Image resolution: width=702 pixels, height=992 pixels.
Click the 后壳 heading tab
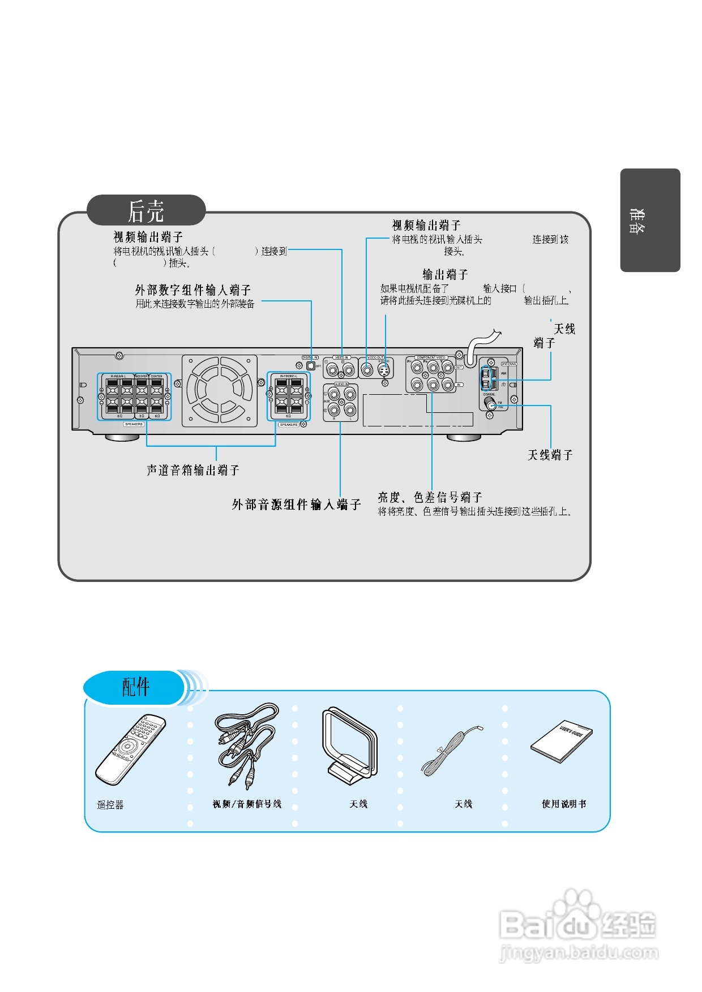145,211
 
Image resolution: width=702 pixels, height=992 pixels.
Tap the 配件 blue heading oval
135,687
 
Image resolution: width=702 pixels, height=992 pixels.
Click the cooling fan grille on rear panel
220,391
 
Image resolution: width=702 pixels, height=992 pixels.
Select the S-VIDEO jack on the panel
384,370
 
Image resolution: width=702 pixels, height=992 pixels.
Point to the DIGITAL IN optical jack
310,365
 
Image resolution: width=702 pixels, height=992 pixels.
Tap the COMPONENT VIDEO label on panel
431,357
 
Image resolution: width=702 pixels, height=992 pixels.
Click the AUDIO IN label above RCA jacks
341,385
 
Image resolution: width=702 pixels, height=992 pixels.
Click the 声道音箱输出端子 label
193,470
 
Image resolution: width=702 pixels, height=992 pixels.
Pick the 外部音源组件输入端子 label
296,504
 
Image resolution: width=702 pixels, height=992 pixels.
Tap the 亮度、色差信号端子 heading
430,497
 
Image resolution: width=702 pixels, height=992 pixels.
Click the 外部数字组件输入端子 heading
192,290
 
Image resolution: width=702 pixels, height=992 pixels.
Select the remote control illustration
131,749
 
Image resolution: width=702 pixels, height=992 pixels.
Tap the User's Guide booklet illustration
562,741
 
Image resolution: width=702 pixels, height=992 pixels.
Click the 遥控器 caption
110,804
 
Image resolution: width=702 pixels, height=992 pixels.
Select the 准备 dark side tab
649,220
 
